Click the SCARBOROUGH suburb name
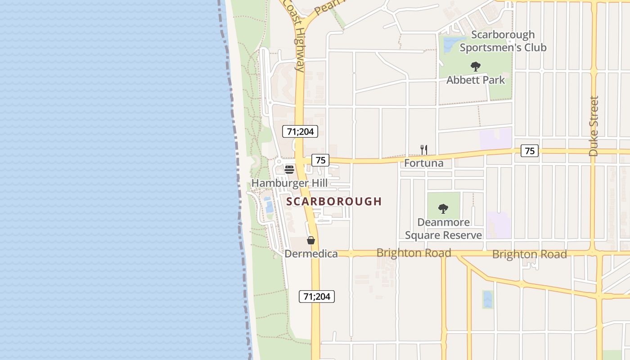[x=334, y=201]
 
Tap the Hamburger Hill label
[x=289, y=183]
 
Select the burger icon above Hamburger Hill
[x=289, y=170]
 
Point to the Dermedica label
[x=311, y=254]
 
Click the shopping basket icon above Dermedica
[x=311, y=240]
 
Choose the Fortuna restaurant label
[x=423, y=163]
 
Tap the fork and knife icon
[x=423, y=150]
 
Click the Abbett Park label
[x=476, y=80]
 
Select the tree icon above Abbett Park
[x=476, y=67]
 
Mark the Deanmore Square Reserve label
[x=443, y=229]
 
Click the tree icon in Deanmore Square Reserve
[x=443, y=209]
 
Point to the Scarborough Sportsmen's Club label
[x=503, y=41]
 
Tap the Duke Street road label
[x=594, y=126]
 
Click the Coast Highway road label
[x=294, y=36]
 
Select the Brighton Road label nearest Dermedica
[x=414, y=253]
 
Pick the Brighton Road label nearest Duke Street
[x=529, y=254]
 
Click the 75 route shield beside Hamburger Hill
[x=320, y=160]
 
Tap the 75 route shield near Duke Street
[x=530, y=151]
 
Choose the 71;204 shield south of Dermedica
[x=317, y=297]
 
